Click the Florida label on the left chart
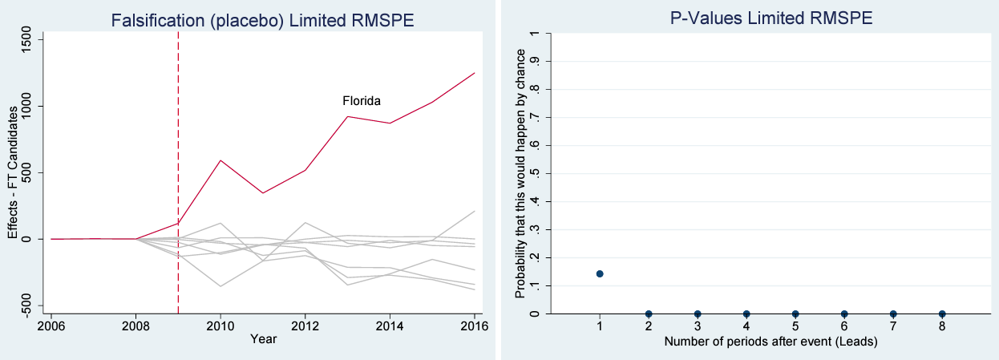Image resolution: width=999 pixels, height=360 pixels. pyautogui.click(x=362, y=101)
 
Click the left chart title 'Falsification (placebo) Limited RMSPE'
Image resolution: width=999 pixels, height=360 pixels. pyautogui.click(x=263, y=20)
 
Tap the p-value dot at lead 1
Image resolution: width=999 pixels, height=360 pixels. pyautogui.click(x=600, y=274)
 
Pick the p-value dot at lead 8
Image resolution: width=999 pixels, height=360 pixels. pyautogui.click(x=942, y=313)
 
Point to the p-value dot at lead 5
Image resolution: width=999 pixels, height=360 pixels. pyautogui.click(x=795, y=313)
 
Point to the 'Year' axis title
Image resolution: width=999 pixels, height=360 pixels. pyautogui.click(x=263, y=339)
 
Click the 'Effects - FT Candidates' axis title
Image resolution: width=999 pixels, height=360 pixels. pyautogui.click(x=13, y=172)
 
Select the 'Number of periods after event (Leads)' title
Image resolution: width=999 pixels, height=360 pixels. pyautogui.click(x=770, y=342)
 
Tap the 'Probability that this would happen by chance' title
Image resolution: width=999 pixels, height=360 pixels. pyautogui.click(x=520, y=173)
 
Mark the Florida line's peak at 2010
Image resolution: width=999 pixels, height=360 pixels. pyautogui.click(x=220, y=160)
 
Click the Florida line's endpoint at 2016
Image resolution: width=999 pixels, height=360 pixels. pyautogui.click(x=475, y=73)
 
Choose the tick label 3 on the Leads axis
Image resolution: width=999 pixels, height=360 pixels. pyautogui.click(x=698, y=326)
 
